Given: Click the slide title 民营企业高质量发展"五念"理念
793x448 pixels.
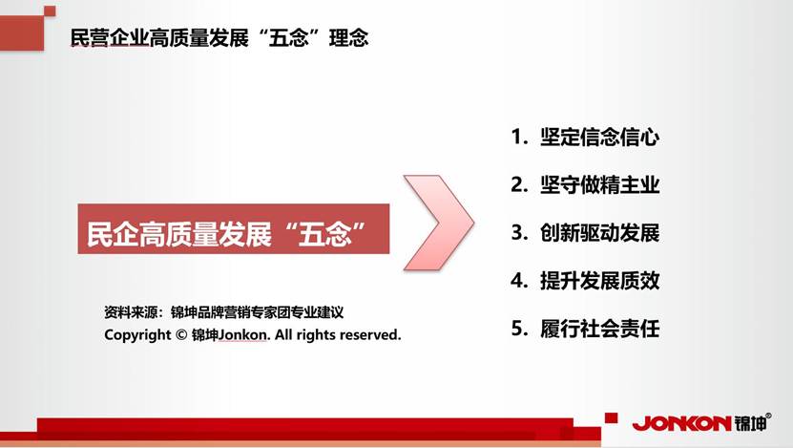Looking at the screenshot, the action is click(x=219, y=38).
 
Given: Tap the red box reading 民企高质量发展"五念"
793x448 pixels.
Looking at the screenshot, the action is click(x=234, y=229).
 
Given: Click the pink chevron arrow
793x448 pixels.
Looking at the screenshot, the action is click(x=439, y=223).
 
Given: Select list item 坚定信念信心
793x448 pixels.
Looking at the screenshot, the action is click(x=600, y=137).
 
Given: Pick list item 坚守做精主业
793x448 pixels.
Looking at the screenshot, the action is click(x=600, y=184).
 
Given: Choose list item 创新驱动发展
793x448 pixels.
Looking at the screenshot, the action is click(x=600, y=232).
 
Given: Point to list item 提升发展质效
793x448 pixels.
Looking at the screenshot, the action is click(x=600, y=281).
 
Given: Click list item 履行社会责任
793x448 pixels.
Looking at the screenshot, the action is click(x=600, y=328).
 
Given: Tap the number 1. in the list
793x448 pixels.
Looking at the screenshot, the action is click(x=519, y=137).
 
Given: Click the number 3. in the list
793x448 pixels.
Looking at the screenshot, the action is click(x=519, y=232).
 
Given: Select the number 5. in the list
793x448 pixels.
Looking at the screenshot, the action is click(x=519, y=328).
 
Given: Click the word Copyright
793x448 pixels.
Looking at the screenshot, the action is click(x=137, y=335).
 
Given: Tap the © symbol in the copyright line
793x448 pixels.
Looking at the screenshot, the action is click(x=181, y=335).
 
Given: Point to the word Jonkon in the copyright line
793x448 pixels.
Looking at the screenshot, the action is click(x=243, y=335).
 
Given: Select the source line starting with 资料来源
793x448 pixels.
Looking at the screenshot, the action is click(x=224, y=312).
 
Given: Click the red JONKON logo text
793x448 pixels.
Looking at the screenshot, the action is click(x=681, y=424).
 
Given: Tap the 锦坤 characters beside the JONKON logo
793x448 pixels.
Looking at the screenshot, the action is click(x=750, y=423).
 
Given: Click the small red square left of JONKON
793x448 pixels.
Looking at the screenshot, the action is click(x=612, y=417).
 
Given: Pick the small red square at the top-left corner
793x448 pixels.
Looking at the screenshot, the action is click(x=50, y=11).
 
